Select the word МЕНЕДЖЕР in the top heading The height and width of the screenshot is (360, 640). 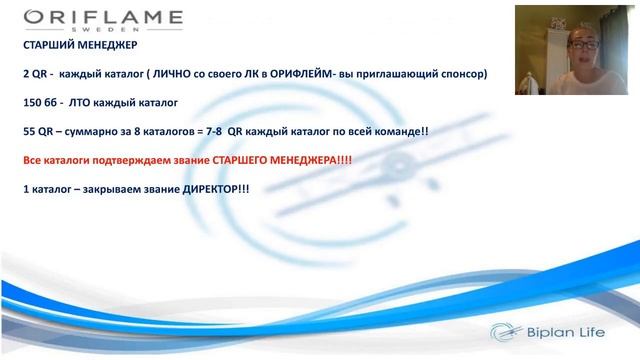[105, 46]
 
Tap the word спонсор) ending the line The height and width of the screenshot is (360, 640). [461, 74]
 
